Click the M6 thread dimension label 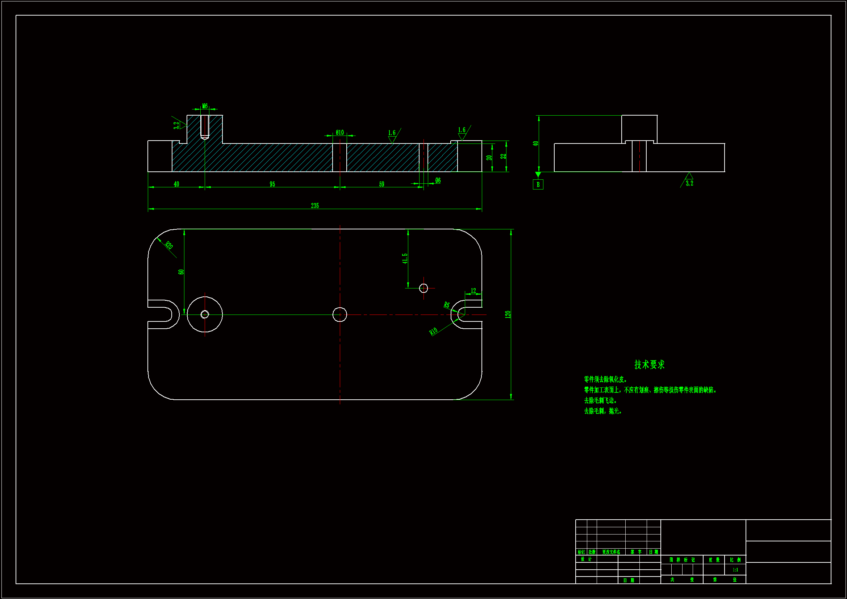[x=205, y=106]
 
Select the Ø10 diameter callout [x=339, y=133]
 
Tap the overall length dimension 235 [x=315, y=205]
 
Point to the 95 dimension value [x=272, y=184]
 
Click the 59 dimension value [x=381, y=184]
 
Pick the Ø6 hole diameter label [x=438, y=180]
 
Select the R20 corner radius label [x=169, y=245]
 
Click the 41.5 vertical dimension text [x=405, y=258]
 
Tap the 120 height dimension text [x=508, y=315]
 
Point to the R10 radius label [x=433, y=331]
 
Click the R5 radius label [x=447, y=305]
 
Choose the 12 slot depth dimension [x=473, y=291]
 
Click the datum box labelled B [x=538, y=184]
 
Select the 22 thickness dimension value [x=503, y=157]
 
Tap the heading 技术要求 [x=649, y=365]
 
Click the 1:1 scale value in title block [x=735, y=570]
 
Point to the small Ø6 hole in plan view [x=424, y=288]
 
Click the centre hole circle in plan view [x=340, y=315]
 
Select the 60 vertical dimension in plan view [x=181, y=272]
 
